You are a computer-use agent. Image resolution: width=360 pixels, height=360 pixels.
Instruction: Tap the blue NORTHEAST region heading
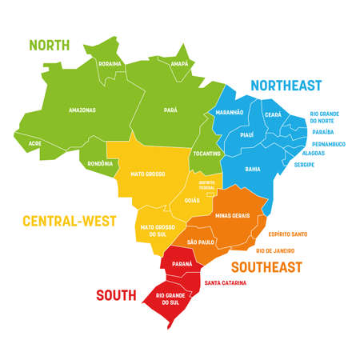click(286, 84)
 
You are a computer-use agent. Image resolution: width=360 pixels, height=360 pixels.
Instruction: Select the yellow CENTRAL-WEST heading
click(70, 220)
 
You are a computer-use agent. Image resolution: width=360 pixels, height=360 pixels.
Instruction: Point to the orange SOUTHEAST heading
click(266, 266)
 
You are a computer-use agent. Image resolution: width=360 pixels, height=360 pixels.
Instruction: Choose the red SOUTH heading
click(116, 295)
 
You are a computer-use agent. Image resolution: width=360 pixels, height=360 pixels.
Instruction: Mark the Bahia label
click(252, 169)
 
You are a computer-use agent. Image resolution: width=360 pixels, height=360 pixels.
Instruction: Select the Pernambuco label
click(328, 143)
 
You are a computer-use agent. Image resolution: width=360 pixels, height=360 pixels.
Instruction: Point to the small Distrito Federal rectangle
click(210, 192)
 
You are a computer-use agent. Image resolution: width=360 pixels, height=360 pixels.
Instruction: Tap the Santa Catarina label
click(225, 282)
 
